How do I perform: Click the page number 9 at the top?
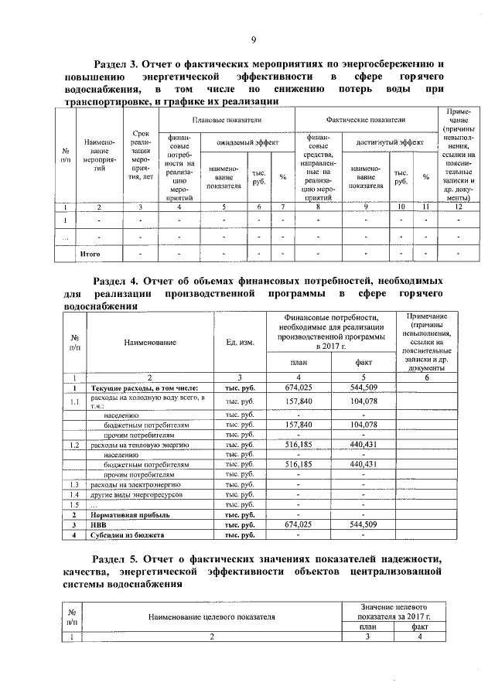252,41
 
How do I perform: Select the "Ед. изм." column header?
240,342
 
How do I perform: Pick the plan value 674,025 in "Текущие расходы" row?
298,387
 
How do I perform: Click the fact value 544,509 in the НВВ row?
363,524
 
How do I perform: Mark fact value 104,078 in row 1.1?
363,401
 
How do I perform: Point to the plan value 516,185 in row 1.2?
298,445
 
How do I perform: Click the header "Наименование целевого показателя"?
210,616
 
